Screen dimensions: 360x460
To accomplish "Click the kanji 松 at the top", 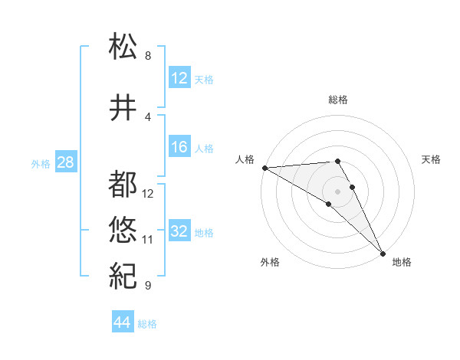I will pyautogui.click(x=123, y=46).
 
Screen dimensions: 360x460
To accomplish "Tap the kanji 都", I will pyautogui.click(x=123, y=184).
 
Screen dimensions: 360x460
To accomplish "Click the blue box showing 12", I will pyautogui.click(x=179, y=78).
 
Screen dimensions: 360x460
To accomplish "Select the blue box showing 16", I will pyautogui.click(x=179, y=148).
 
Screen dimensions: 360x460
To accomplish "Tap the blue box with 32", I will pyautogui.click(x=179, y=231).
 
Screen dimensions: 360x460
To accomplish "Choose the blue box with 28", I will pyautogui.click(x=65, y=163).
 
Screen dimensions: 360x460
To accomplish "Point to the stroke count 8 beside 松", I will pyautogui.click(x=148, y=56).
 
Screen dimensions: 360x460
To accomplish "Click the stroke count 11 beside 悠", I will pyautogui.click(x=148, y=240).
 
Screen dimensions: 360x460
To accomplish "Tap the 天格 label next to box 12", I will pyautogui.click(x=204, y=79).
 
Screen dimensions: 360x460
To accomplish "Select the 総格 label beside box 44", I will pyautogui.click(x=147, y=324).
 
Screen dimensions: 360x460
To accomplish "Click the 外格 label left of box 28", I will pyautogui.click(x=41, y=164).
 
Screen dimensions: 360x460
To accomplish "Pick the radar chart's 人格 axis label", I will pyautogui.click(x=245, y=159).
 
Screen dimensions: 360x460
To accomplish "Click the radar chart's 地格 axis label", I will pyautogui.click(x=402, y=262).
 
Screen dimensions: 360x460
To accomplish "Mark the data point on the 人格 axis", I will pyautogui.click(x=264, y=168).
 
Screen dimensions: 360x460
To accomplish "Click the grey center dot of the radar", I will pyautogui.click(x=337, y=190).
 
